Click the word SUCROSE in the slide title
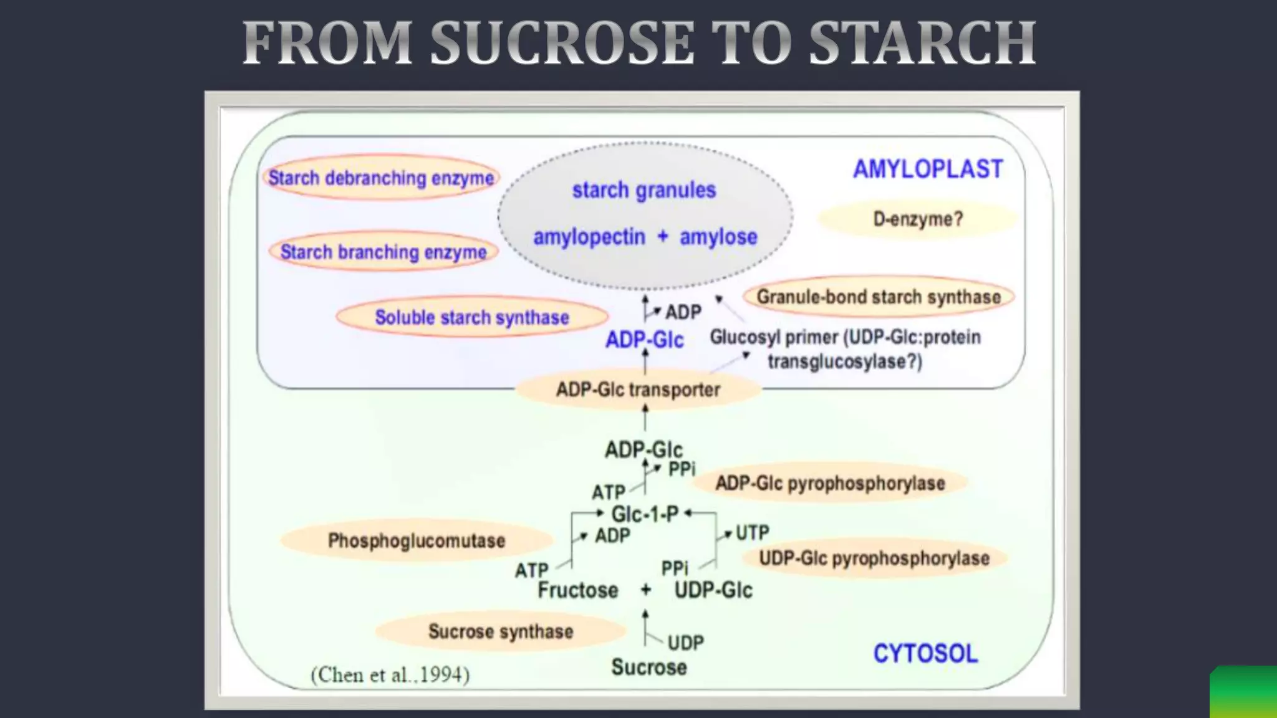[562, 43]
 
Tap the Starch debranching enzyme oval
[381, 178]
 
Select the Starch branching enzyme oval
[383, 252]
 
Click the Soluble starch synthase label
[472, 317]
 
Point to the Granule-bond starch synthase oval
[878, 297]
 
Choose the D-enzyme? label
[918, 219]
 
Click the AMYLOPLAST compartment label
[928, 169]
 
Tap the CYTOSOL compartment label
[925, 653]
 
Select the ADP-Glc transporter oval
[638, 390]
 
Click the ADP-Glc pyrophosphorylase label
[830, 483]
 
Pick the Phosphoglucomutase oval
[417, 540]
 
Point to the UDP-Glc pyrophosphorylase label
[874, 558]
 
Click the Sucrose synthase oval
[501, 631]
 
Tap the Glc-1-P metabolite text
[645, 514]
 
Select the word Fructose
[578, 590]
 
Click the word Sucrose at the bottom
[649, 667]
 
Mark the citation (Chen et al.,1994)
[390, 674]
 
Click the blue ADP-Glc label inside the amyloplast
[645, 340]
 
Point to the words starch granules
[644, 189]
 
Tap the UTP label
[752, 533]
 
